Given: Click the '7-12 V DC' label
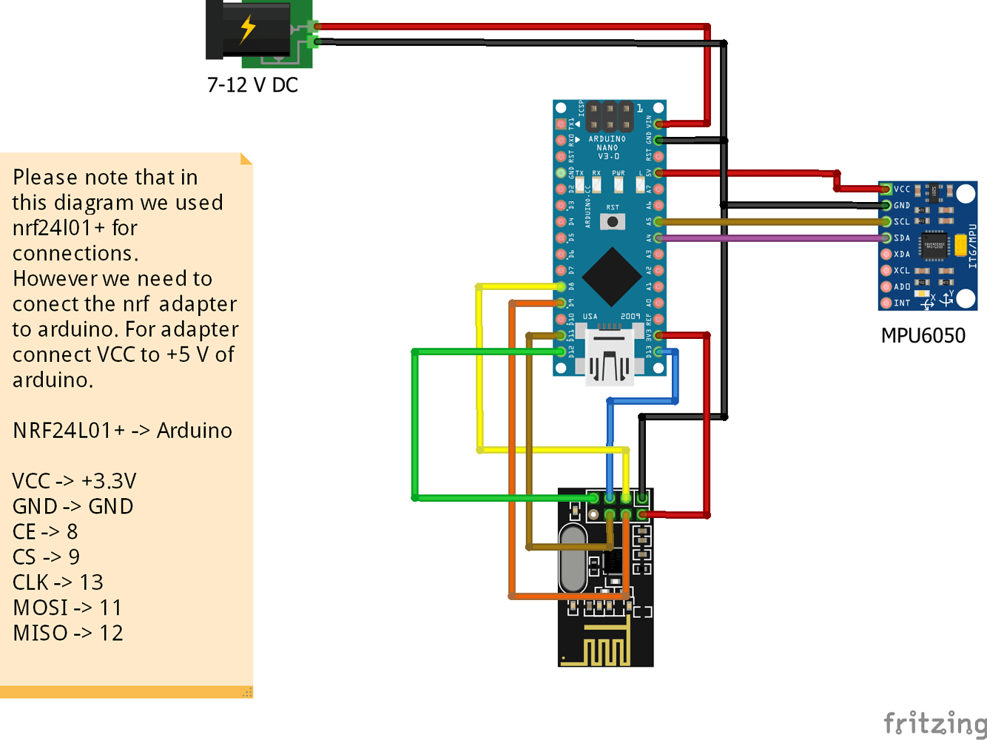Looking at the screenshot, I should [252, 85].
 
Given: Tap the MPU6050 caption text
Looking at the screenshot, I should [923, 335].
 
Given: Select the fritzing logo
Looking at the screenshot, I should [935, 722].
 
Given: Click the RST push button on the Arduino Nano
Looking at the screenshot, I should [613, 221].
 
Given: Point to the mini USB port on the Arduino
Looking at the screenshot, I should [610, 358].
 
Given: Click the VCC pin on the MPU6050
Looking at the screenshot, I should [886, 189].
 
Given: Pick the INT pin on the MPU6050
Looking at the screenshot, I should [886, 303].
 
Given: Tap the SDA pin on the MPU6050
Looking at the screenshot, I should [886, 238].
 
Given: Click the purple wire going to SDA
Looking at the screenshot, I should [769, 238].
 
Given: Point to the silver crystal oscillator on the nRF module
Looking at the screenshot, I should [573, 558].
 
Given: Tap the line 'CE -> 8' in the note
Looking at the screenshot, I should [45, 531].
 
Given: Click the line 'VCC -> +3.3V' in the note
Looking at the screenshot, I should [74, 481].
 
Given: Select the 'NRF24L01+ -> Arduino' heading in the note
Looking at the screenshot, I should [122, 430].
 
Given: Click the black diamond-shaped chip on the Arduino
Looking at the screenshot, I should [611, 277].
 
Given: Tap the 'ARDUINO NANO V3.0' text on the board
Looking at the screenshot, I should [607, 147].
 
